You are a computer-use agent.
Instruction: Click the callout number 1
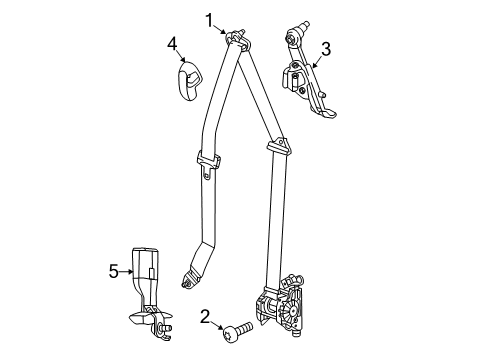point(210,17)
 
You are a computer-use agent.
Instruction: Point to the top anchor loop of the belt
point(239,38)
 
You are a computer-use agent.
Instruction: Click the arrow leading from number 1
point(224,27)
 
